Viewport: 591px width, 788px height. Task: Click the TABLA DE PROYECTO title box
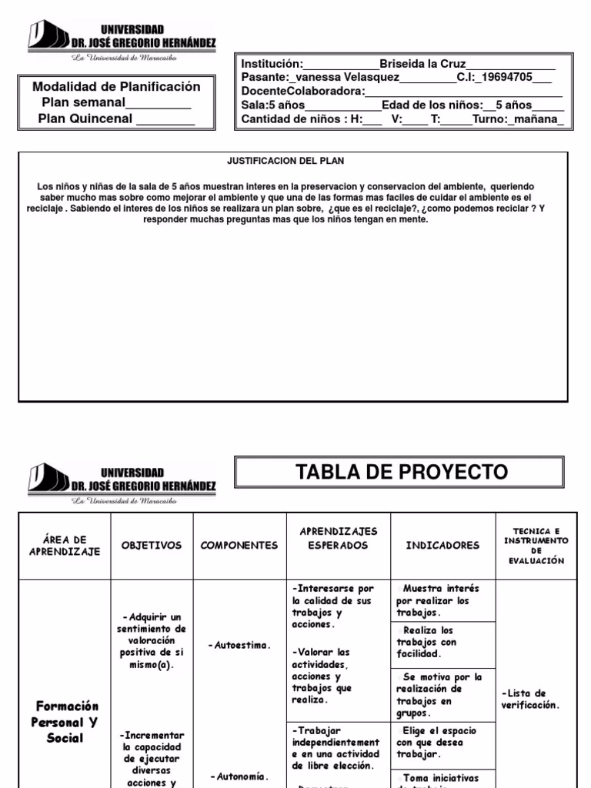pyautogui.click(x=402, y=472)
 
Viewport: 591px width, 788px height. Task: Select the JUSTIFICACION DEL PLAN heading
pyautogui.click(x=285, y=162)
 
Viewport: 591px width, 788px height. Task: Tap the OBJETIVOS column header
pyautogui.click(x=152, y=546)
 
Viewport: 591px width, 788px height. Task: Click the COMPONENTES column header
pyautogui.click(x=239, y=546)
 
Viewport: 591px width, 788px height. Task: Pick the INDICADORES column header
pyautogui.click(x=442, y=546)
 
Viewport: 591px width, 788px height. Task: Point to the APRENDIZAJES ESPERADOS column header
pyautogui.click(x=338, y=539)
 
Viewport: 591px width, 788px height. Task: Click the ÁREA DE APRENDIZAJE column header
pyautogui.click(x=65, y=546)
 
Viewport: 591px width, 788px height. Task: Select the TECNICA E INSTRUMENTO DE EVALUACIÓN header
pyautogui.click(x=536, y=545)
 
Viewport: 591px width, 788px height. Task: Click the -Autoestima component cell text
pyautogui.click(x=240, y=646)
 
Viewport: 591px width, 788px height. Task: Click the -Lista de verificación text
pyautogui.click(x=531, y=699)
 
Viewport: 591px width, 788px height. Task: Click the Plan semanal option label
pyautogui.click(x=84, y=103)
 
